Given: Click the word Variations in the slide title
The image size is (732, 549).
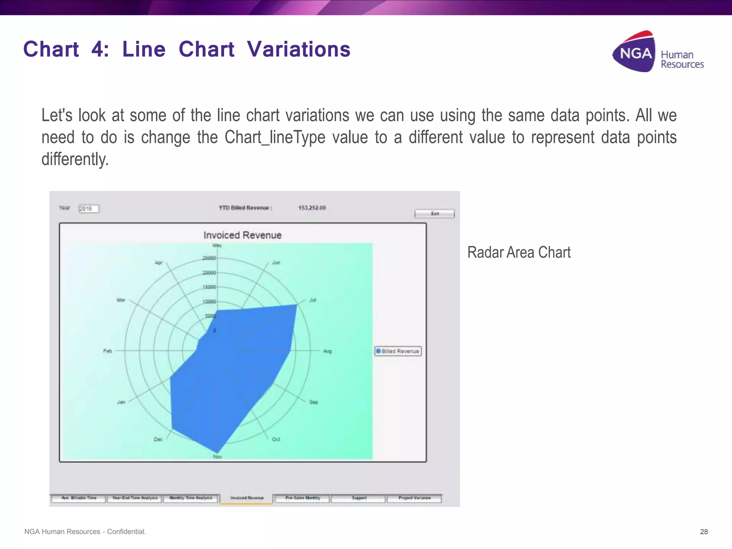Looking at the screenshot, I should tap(298, 49).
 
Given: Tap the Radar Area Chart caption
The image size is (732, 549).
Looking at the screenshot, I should tap(519, 252).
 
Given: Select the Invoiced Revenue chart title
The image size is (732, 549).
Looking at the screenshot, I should tap(242, 235).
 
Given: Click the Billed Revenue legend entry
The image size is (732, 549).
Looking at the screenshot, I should tap(398, 351).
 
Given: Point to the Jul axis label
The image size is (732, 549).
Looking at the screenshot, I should tap(312, 300).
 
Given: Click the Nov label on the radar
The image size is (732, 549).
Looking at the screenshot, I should tap(217, 456).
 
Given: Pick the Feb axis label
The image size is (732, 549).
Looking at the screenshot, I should tap(108, 351).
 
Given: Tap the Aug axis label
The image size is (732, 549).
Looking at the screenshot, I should tap(327, 351).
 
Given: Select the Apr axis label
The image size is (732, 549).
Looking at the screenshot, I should tap(159, 262).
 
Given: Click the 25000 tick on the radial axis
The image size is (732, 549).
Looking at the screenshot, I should tap(209, 258).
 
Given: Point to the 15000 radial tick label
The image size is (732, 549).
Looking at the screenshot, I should tap(209, 287).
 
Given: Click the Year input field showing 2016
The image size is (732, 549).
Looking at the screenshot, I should tap(88, 209).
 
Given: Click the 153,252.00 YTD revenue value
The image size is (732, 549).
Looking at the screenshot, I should tap(312, 208).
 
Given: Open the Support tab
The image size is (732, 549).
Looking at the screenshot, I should tap(359, 498).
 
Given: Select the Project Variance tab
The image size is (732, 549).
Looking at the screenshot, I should tap(415, 498).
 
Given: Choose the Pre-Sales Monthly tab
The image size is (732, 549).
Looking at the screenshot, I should tap(302, 498).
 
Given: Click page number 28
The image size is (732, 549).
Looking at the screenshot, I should tap(704, 531).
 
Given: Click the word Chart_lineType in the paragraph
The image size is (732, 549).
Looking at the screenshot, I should tap(275, 137).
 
